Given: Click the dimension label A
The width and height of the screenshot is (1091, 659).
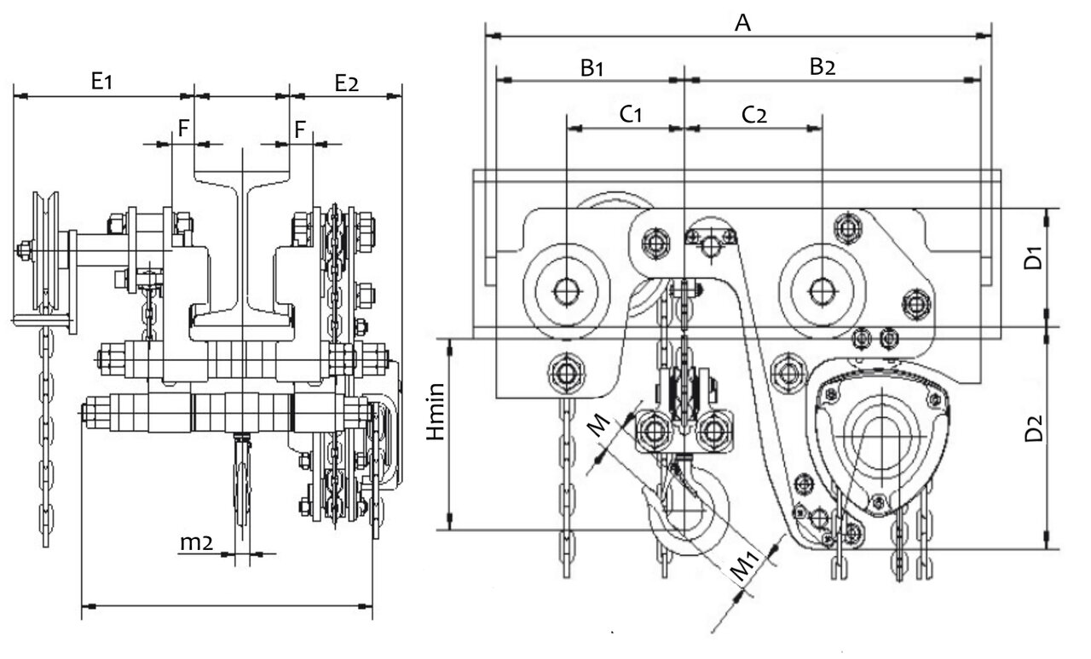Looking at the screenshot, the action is (x=742, y=23).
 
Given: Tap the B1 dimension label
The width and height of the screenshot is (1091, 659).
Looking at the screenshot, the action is (x=592, y=68).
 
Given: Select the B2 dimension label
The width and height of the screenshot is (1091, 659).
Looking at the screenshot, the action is (x=823, y=66).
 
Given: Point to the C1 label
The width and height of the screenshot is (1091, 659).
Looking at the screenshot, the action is (x=631, y=114).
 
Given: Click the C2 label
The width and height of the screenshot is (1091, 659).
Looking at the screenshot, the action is (x=754, y=115).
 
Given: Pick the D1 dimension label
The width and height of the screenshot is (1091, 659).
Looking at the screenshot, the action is (x=1033, y=258).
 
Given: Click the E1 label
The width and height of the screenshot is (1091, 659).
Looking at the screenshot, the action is (x=101, y=81).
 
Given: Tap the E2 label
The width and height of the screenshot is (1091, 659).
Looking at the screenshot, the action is (x=346, y=83).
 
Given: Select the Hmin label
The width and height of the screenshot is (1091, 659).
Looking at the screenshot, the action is (x=436, y=412).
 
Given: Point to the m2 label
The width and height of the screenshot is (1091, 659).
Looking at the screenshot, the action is (x=196, y=542).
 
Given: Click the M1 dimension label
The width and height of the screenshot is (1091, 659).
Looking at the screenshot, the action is (x=745, y=566).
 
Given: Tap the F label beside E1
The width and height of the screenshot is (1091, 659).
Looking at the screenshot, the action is (x=183, y=129).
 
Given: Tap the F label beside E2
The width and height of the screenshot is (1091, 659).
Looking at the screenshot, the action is (x=300, y=129).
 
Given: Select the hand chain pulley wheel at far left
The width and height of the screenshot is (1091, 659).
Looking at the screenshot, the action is (x=45, y=251).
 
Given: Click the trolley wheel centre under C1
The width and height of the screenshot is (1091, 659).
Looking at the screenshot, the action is (x=567, y=291).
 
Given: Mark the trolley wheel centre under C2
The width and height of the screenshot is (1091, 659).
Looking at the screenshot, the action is (x=823, y=291).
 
